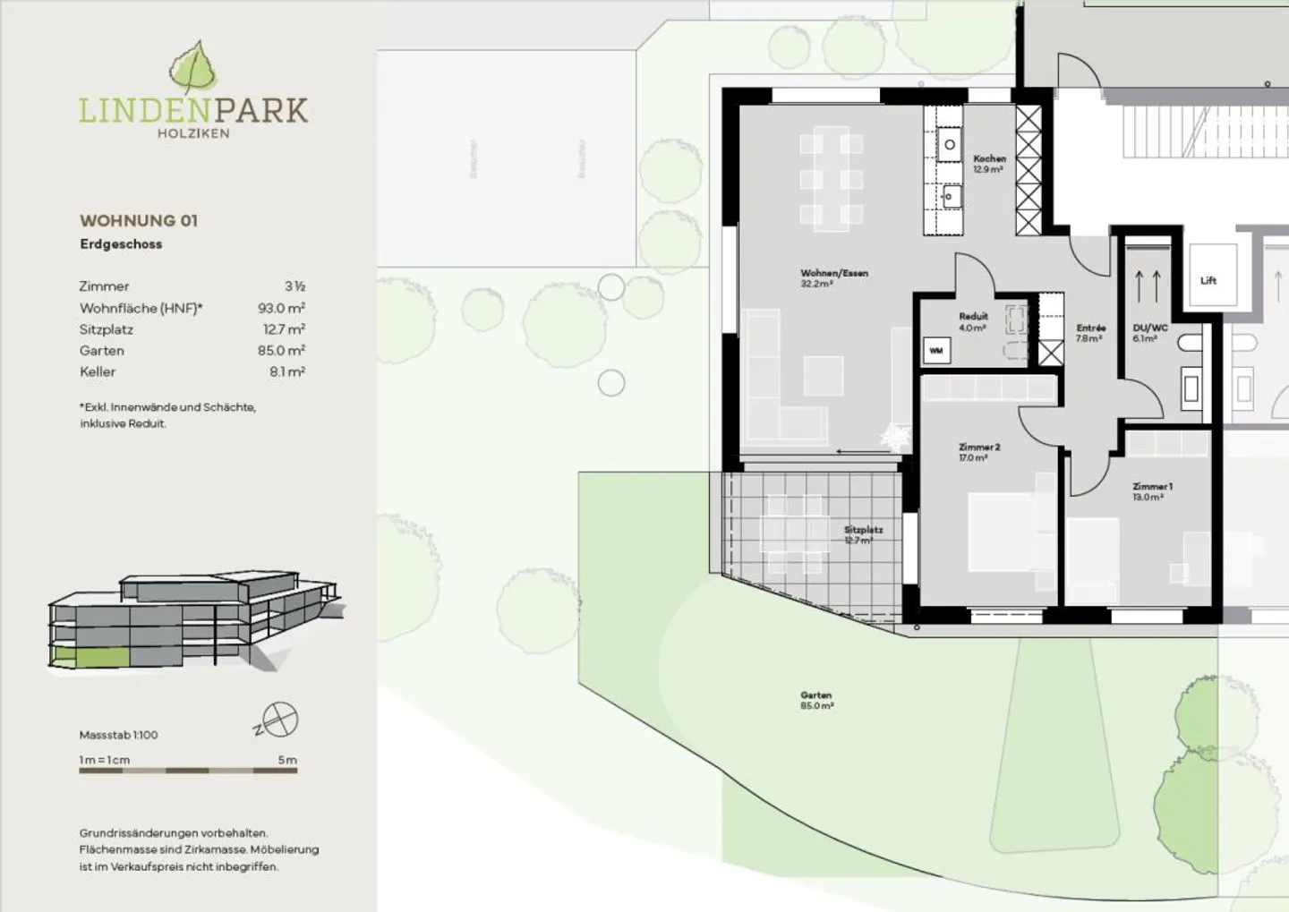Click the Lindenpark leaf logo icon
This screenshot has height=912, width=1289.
192,67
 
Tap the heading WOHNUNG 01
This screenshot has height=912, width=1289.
139,220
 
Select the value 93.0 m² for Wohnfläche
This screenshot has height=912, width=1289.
281,308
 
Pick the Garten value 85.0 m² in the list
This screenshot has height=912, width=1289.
281,351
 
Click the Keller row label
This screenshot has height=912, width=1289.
98,371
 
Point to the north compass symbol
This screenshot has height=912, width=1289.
278,720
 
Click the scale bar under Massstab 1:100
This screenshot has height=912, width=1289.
188,770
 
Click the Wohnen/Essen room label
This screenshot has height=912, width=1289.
834,277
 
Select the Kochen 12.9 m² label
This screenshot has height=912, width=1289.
989,164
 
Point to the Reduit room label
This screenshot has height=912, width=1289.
973,321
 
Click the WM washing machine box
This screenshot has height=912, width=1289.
936,351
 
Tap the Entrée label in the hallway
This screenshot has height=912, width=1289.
1090,333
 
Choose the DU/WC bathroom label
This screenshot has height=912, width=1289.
1149,333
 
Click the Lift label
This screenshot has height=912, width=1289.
1208,281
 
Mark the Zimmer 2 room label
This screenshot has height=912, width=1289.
978,452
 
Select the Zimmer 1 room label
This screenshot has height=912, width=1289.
1151,491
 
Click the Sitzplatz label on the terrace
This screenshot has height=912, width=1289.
862,534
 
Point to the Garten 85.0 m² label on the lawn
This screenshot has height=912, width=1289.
816,700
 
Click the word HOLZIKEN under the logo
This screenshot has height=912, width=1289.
193,133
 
